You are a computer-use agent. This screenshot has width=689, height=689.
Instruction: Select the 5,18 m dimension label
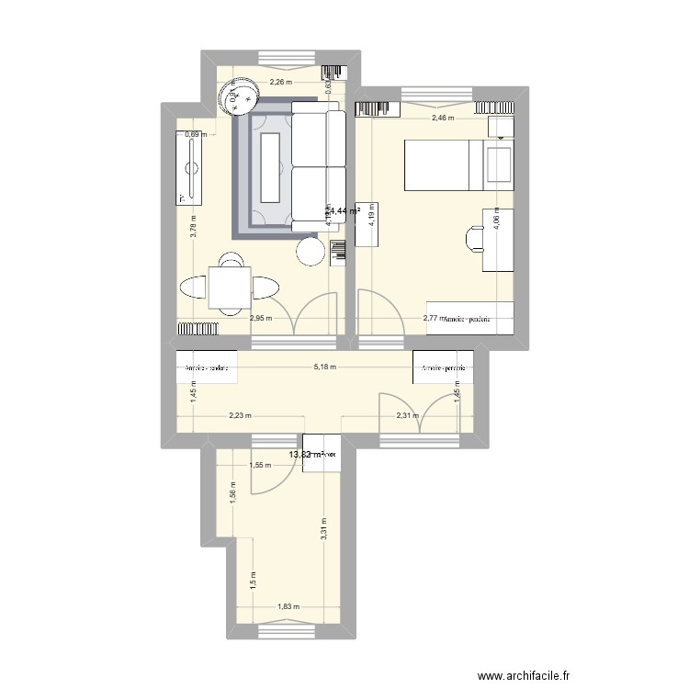click(325, 367)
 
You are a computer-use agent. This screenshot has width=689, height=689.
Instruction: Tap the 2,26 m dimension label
click(279, 82)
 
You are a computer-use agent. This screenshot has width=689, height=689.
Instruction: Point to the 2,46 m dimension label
click(443, 118)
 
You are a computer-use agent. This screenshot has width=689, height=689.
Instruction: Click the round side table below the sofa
click(311, 251)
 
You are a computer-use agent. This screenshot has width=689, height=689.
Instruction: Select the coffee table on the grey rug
click(270, 167)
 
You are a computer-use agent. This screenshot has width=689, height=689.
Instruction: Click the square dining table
click(229, 287)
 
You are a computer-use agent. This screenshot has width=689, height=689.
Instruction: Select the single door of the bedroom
click(378, 312)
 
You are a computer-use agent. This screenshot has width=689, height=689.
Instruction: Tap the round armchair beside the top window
click(237, 95)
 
